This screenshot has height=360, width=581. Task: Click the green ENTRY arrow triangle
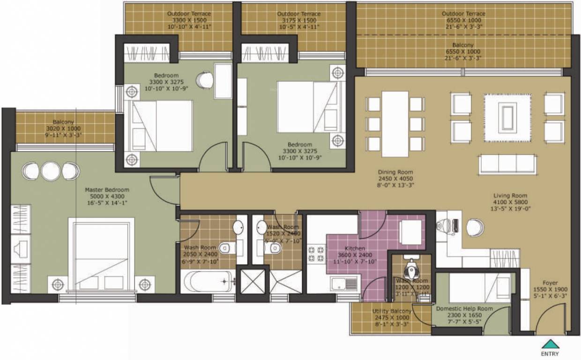coord(550,344)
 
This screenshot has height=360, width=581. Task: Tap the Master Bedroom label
coord(107,190)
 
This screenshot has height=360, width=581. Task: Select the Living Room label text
coord(510,195)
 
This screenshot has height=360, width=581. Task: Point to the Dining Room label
coord(396,172)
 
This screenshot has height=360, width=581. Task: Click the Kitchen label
coord(355,248)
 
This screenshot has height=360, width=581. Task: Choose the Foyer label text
coord(550,283)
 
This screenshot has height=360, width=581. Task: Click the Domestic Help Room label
coord(464,309)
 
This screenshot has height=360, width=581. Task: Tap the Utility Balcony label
coord(392,311)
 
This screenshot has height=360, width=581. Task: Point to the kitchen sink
coord(344,283)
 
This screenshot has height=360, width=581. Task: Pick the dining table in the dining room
coord(395,124)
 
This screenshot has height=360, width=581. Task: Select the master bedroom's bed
coord(101,255)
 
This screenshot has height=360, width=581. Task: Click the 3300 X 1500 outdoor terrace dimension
coord(189,21)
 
